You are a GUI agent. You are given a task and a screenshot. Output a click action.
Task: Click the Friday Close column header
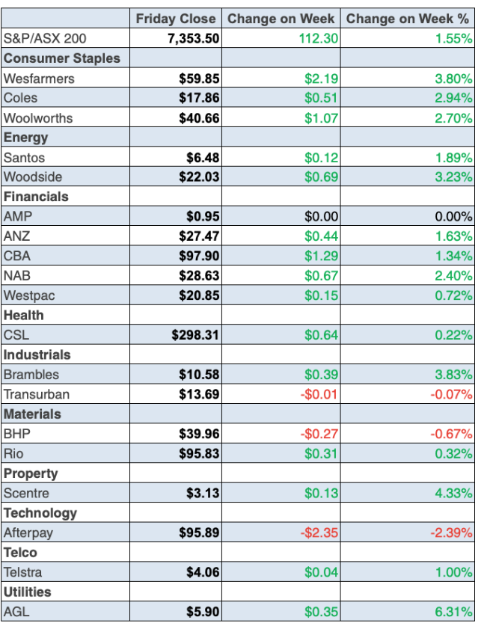[176, 19]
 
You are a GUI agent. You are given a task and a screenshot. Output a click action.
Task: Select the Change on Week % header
[408, 19]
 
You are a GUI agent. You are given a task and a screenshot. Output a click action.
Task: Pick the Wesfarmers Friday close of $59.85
[200, 78]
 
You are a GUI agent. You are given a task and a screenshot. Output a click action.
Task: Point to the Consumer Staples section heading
[62, 58]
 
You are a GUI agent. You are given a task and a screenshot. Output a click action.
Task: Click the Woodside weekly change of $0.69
[322, 177]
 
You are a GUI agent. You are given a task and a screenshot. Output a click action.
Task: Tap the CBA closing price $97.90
[200, 257]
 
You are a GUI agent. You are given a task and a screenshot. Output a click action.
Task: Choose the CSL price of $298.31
[196, 335]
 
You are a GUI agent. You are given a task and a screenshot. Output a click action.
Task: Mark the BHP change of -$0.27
[319, 434]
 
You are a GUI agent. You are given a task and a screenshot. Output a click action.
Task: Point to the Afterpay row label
[28, 533]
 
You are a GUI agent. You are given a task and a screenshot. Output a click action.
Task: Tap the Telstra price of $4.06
[203, 572]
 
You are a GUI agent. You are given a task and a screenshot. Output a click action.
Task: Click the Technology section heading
[40, 513]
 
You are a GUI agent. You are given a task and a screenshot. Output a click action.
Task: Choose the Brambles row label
[31, 375]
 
